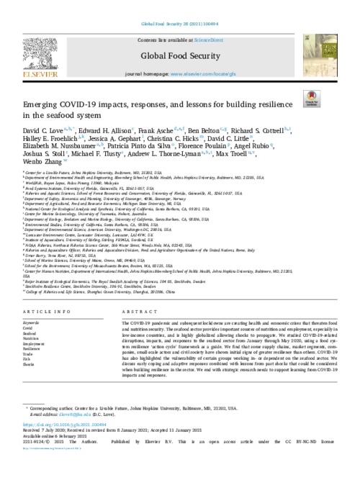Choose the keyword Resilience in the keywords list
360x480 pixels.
point(33,348)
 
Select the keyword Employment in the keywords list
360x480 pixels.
point(35,343)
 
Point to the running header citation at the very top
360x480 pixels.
point(179,6)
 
